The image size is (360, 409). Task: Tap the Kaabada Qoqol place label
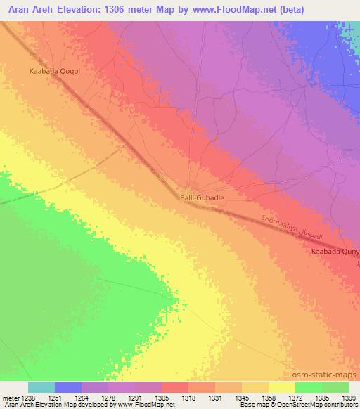coord(50,70)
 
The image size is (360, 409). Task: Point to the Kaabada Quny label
coord(335,252)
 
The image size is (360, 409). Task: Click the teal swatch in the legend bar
coord(41,387)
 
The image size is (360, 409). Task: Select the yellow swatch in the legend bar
coord(281,387)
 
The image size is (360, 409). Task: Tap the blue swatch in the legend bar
coord(68,387)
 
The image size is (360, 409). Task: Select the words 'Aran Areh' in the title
coord(28,10)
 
